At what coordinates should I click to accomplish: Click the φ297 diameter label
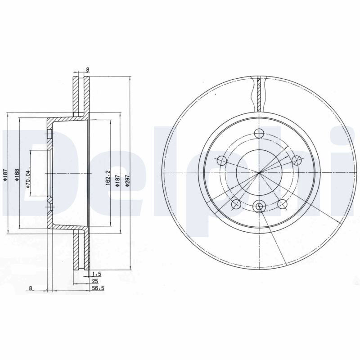(128, 180)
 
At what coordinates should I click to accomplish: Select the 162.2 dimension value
(108, 178)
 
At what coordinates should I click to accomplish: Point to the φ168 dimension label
(17, 175)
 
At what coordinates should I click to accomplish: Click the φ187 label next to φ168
(6, 175)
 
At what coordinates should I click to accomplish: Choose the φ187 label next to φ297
(117, 180)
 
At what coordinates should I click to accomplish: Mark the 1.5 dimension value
(97, 274)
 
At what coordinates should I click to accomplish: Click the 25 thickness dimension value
(95, 281)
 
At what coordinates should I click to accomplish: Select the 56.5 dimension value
(98, 288)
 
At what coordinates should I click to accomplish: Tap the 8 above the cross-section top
(87, 69)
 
